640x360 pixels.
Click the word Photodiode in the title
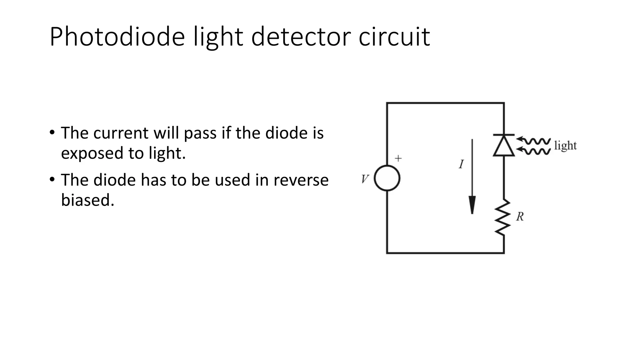(x=117, y=37)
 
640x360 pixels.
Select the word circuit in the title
(x=394, y=37)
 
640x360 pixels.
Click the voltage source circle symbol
(x=387, y=178)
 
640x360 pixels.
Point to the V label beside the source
(x=365, y=179)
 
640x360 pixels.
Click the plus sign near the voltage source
(x=398, y=158)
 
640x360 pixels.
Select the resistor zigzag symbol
(x=503, y=217)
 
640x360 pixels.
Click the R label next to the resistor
(x=520, y=217)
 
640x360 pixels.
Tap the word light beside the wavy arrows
(x=565, y=146)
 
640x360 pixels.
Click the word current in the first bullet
(x=120, y=133)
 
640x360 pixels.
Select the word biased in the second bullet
(x=87, y=200)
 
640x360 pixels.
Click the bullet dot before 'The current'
(x=52, y=132)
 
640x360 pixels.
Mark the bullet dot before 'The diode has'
(x=52, y=179)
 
